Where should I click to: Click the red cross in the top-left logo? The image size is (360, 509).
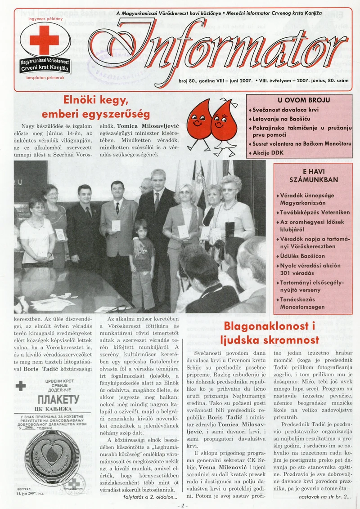click(x=44, y=40)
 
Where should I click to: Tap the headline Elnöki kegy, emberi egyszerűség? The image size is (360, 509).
click(x=97, y=106)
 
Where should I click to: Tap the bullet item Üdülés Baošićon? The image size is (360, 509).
click(x=300, y=256)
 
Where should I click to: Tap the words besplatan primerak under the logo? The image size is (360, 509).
click(x=45, y=77)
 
